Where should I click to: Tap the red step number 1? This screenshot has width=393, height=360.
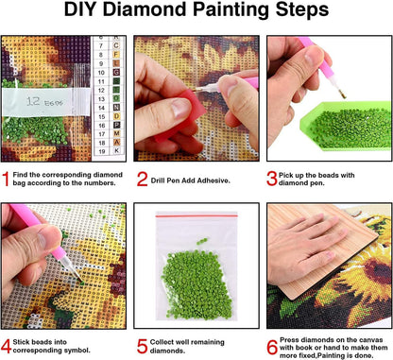7,176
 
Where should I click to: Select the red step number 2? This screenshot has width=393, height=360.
142,176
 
